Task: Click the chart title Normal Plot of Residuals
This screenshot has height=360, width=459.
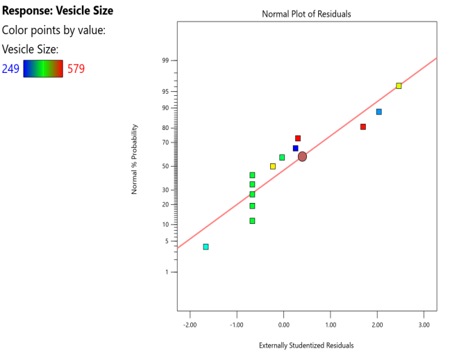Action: tap(306, 14)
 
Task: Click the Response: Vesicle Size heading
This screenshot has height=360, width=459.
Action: tap(58, 11)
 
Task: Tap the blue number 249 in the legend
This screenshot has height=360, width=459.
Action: tap(10, 68)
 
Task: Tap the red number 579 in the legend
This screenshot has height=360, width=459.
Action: tap(76, 68)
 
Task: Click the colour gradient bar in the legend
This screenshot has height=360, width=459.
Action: tap(43, 68)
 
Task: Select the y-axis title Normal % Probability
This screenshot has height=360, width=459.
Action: tap(135, 159)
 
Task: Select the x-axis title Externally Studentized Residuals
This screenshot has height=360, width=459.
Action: tap(306, 345)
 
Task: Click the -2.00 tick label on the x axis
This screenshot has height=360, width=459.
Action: tap(188, 324)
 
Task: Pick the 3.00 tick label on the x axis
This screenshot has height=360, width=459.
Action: tap(424, 324)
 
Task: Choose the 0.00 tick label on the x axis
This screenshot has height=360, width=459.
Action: tap(283, 324)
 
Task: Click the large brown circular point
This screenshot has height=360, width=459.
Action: tap(302, 156)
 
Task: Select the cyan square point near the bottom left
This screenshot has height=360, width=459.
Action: tap(206, 247)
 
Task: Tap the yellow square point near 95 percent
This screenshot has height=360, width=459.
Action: tap(399, 85)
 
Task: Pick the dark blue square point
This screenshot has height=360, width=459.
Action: tap(295, 148)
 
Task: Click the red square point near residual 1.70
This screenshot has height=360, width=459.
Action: tap(363, 126)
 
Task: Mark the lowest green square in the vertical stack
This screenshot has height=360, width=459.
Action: tap(252, 220)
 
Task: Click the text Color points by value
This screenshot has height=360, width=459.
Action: tap(53, 31)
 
